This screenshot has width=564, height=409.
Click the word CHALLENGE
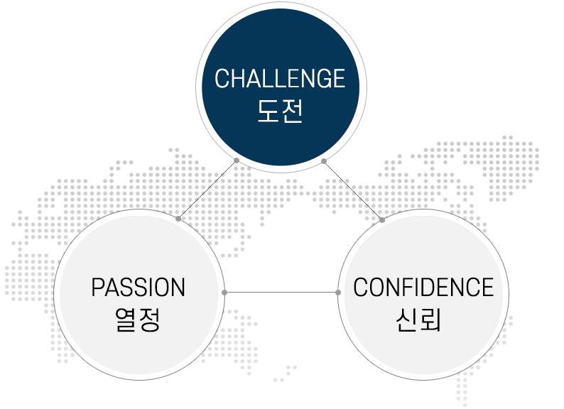pos(279,78)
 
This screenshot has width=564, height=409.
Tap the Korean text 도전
pos(279,111)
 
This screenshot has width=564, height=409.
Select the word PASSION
pos(138,288)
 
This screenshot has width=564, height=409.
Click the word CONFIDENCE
pos(423,288)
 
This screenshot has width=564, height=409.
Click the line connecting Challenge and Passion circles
pos(207,190)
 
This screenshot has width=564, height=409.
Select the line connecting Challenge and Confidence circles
pos(353,190)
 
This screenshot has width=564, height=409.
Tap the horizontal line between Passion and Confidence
pos(281,292)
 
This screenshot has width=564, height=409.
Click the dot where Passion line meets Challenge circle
pos(236,160)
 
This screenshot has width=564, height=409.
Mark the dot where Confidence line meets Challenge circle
pos(324,161)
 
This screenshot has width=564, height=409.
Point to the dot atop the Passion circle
pos(178,219)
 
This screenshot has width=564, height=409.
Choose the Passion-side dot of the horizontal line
pos(224,292)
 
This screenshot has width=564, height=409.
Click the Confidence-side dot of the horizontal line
pos(337,292)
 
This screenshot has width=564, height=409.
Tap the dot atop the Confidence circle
pos(382,220)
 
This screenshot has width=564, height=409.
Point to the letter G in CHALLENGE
pos(320,78)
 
